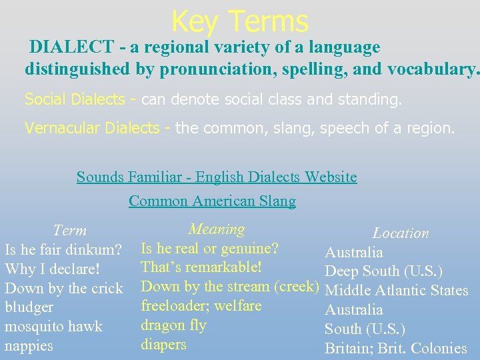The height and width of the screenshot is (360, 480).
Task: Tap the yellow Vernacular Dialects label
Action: [x=97, y=127]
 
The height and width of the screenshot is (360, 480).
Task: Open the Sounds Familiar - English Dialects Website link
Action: [x=217, y=177]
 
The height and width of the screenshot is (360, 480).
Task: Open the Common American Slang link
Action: [x=212, y=201]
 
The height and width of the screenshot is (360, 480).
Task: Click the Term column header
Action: [x=69, y=231]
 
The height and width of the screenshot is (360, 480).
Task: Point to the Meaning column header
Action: [x=217, y=229]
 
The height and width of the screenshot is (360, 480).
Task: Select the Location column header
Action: [x=400, y=233]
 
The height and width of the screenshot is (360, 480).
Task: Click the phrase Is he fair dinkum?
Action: [x=63, y=251]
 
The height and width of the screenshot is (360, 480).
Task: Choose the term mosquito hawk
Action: [x=53, y=327]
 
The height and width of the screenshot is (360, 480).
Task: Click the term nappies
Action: [x=29, y=346]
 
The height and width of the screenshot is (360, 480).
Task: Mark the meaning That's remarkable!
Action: [x=201, y=267]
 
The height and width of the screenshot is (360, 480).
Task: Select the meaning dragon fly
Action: [x=173, y=325]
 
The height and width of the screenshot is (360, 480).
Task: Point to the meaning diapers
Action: [x=163, y=345]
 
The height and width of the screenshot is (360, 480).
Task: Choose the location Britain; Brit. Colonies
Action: [x=395, y=348]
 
